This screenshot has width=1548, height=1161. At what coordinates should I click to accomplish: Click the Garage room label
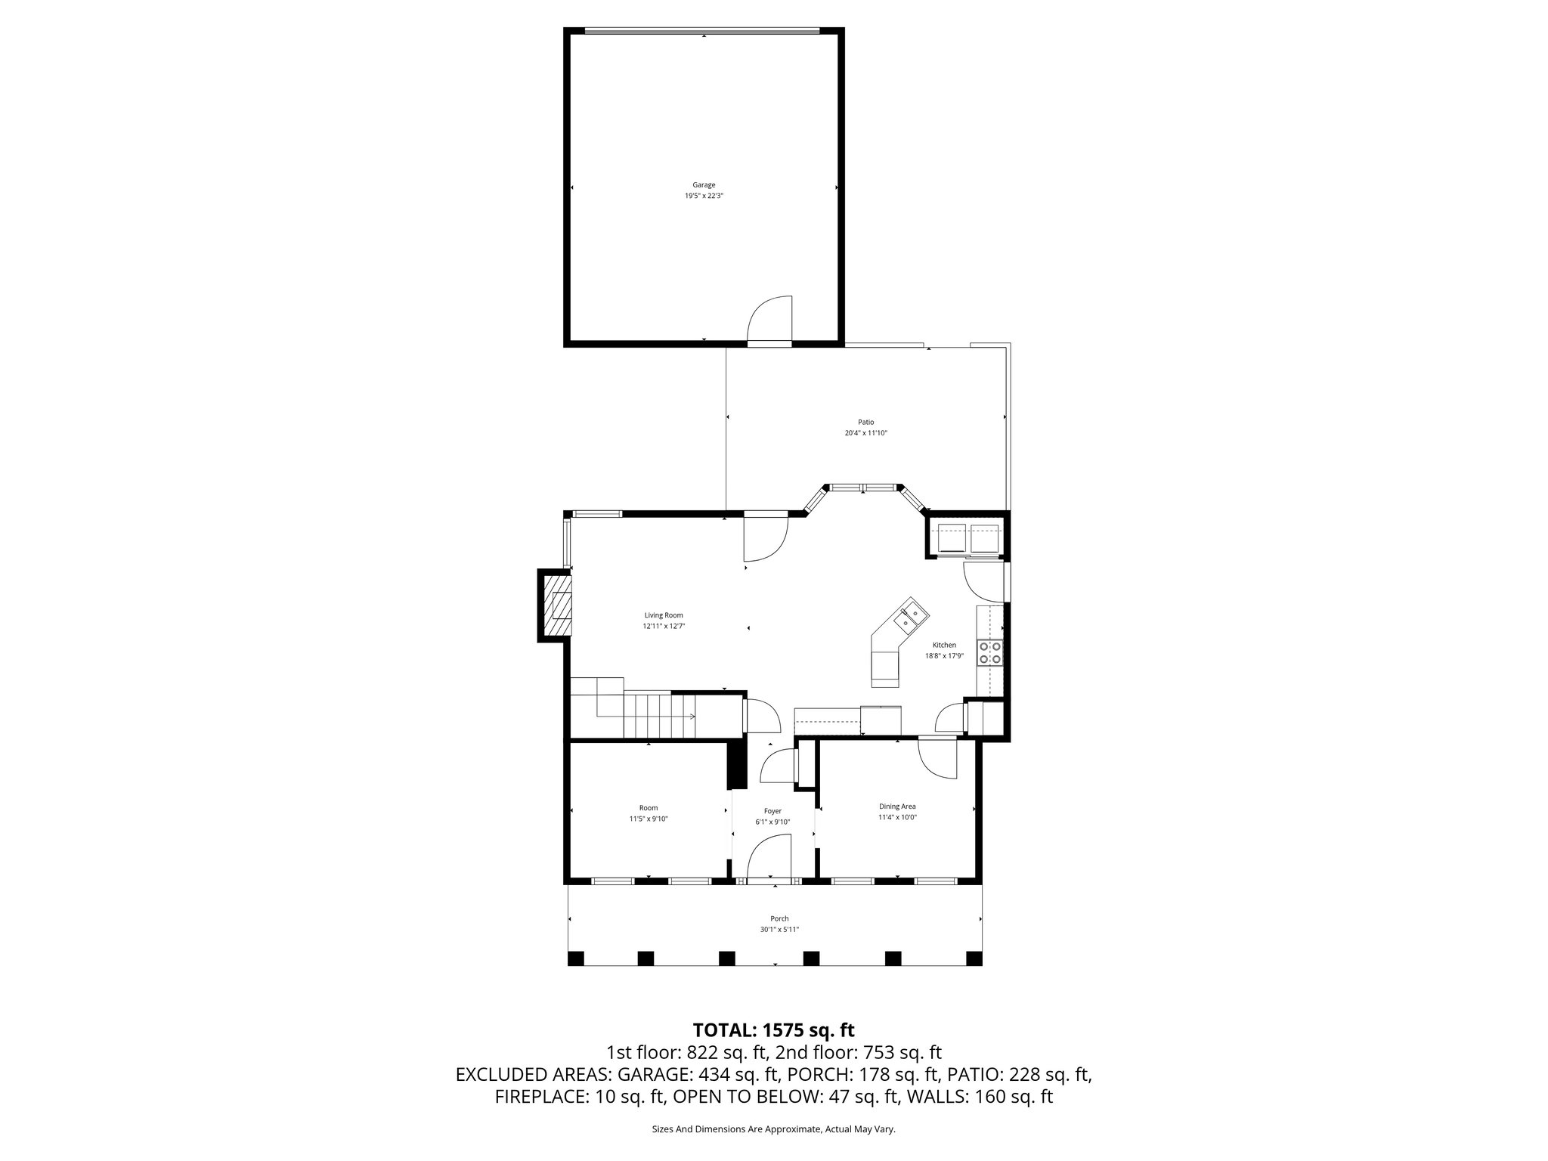click(704, 184)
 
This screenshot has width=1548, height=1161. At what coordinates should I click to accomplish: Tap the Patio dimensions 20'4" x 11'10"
click(865, 433)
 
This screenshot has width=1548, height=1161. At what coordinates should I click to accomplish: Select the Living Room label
click(664, 615)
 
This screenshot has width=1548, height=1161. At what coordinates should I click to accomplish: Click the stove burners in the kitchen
click(989, 652)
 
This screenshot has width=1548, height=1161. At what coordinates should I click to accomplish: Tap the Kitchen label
click(944, 645)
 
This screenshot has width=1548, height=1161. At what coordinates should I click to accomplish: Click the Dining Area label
click(897, 807)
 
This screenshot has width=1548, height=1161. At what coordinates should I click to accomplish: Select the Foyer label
click(772, 811)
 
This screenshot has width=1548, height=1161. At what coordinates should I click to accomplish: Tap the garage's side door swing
click(769, 319)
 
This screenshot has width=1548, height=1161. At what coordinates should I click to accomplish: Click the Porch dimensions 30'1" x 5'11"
click(779, 930)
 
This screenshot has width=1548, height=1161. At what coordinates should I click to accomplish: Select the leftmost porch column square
click(576, 958)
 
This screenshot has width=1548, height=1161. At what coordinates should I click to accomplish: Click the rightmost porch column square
click(974, 958)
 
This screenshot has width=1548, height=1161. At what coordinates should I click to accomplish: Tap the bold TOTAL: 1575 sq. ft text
click(773, 1029)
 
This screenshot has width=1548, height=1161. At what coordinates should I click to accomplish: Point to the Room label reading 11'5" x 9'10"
click(649, 819)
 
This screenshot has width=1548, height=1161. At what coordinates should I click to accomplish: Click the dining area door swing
click(937, 760)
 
